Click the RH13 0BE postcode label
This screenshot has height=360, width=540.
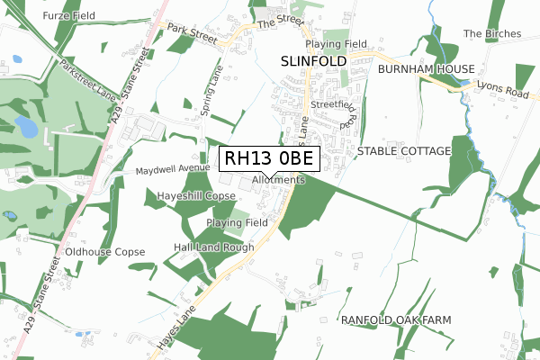pyautogui.click(x=269, y=159)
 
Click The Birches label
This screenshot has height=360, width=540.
pyautogui.click(x=492, y=34)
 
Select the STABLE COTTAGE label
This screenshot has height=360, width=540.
pyautogui.click(x=404, y=151)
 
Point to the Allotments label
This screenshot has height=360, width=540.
pyautogui.click(x=279, y=180)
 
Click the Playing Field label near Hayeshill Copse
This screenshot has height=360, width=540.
pyautogui.click(x=238, y=222)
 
